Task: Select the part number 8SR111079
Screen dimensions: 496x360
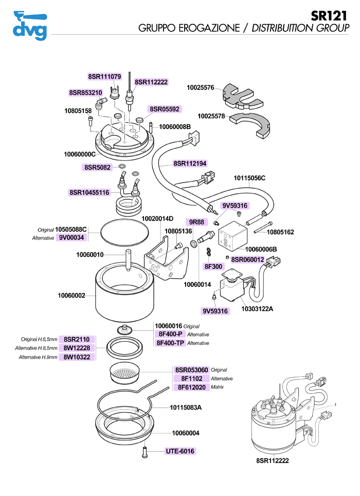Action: click(x=104, y=77)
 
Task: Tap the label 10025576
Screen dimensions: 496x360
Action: click(x=201, y=88)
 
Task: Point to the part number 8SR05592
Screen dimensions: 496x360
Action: click(x=165, y=109)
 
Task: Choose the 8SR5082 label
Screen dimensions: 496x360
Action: click(x=97, y=167)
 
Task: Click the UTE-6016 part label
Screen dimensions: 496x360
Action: click(x=180, y=451)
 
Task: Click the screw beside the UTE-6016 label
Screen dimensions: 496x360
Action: click(x=144, y=452)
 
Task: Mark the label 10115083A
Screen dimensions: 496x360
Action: click(x=186, y=408)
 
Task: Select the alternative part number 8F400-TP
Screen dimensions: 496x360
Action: click(x=170, y=343)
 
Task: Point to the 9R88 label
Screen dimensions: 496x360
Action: click(x=197, y=222)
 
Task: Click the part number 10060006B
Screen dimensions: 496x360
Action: click(x=260, y=249)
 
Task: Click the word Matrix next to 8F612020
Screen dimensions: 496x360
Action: click(x=219, y=387)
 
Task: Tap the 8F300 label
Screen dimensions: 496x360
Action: click(x=213, y=266)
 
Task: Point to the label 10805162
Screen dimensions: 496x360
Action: click(x=280, y=232)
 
